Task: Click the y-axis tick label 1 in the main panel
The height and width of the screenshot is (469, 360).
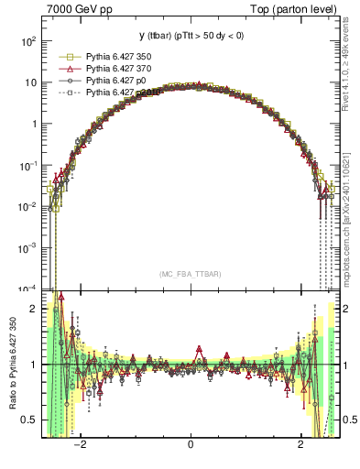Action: [33, 124]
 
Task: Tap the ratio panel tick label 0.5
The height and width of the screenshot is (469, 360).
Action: [29, 420]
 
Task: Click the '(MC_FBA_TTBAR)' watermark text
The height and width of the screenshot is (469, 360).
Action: [191, 274]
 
